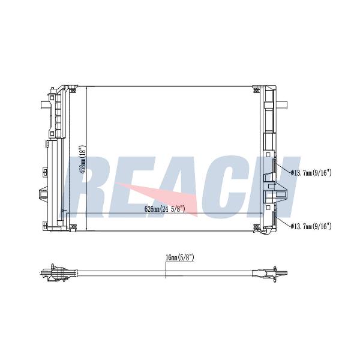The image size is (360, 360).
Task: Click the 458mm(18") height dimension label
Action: (x=83, y=160)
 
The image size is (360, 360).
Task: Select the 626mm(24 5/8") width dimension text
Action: (x=164, y=209)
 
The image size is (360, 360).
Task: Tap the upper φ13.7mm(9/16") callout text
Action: (x=311, y=172)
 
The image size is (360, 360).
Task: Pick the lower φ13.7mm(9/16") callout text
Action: (x=311, y=226)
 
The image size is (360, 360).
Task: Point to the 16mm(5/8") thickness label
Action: (x=180, y=257)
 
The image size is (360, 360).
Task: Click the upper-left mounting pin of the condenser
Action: (x=44, y=104)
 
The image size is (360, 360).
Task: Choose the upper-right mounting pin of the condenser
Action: (x=282, y=104)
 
